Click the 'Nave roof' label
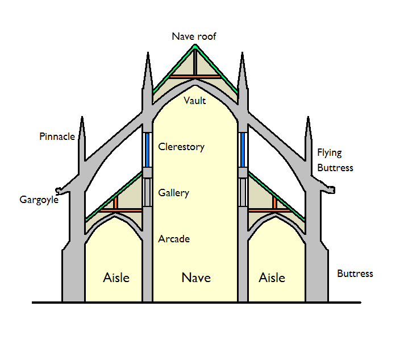pyautogui.click(x=194, y=36)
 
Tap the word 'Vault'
pyautogui.click(x=195, y=101)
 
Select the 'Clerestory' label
pyautogui.click(x=181, y=147)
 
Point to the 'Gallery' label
pyautogui.click(x=173, y=193)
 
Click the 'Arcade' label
pyautogui.click(x=173, y=239)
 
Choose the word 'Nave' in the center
pyautogui.click(x=196, y=278)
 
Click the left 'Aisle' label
pyautogui.click(x=116, y=278)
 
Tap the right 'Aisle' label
pyautogui.click(x=272, y=278)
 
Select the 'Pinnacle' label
pyautogui.click(x=57, y=136)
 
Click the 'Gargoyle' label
pyautogui.click(x=39, y=200)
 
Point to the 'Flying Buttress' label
pyautogui.click(x=335, y=160)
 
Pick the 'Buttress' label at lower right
pyautogui.click(x=355, y=274)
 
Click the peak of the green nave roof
pyautogui.click(x=195, y=45)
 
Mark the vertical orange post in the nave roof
pyautogui.click(x=195, y=62)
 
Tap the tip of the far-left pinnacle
pyautogui.click(x=82, y=119)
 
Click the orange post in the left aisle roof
pyautogui.click(x=115, y=203)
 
